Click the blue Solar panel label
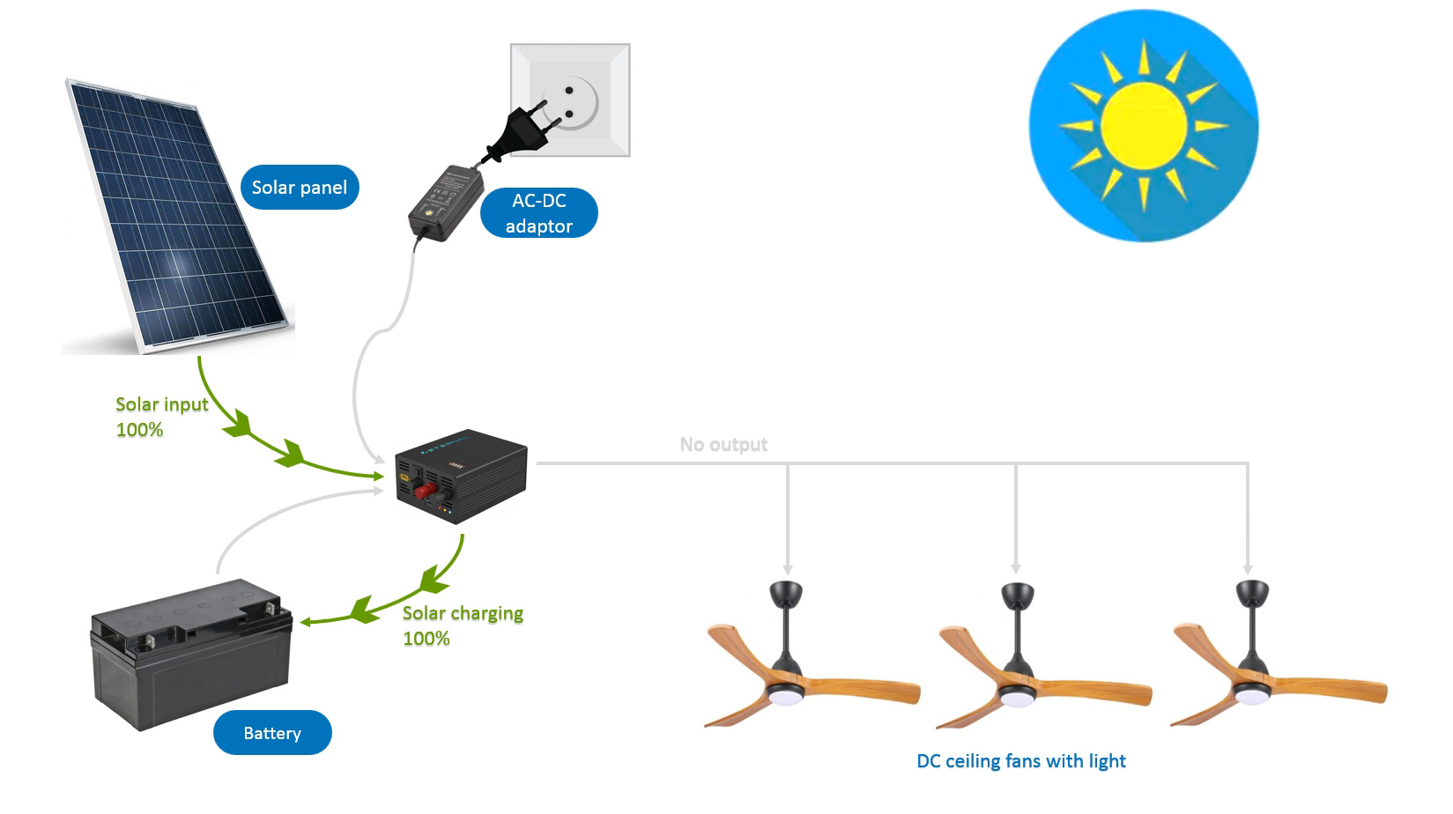(300, 188)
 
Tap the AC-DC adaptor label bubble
(538, 213)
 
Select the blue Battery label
(272, 733)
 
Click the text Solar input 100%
(162, 417)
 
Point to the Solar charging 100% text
(463, 625)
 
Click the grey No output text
(723, 445)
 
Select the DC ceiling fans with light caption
(1021, 761)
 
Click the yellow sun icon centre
(1143, 126)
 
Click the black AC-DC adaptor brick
(446, 201)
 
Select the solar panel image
(176, 216)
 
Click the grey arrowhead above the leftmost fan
(788, 569)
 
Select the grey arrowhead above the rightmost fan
(1248, 569)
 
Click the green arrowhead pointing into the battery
(306, 622)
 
